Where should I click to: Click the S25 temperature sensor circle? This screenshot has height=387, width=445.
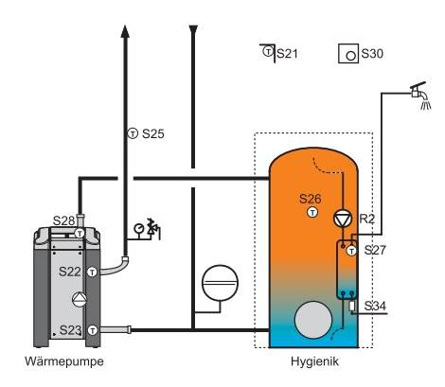point(133,133)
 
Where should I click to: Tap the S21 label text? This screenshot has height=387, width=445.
point(287,54)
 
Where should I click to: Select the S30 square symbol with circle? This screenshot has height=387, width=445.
point(348,54)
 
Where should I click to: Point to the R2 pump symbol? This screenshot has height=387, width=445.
point(343,219)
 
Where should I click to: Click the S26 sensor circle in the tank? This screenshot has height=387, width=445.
point(312,213)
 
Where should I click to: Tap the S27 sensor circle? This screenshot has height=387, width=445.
point(351,251)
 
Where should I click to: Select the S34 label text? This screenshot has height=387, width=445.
point(375,306)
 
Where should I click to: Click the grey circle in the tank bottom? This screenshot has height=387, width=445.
point(313,320)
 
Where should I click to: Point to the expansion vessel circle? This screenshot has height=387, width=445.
point(220,283)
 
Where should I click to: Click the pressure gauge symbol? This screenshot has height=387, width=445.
point(138,228)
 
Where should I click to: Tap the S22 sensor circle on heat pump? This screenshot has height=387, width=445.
point(92,272)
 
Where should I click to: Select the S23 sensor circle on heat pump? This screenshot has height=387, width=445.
point(93,330)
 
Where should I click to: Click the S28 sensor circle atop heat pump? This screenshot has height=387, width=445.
point(80,234)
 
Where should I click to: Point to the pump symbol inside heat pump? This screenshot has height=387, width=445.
point(80,299)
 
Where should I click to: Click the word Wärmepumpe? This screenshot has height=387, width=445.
point(64,361)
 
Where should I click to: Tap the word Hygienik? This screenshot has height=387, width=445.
point(314,361)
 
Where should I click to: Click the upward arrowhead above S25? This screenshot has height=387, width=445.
point(125,31)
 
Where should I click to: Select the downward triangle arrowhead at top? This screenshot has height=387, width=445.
point(193,30)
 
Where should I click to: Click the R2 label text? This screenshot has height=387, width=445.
point(367,219)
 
